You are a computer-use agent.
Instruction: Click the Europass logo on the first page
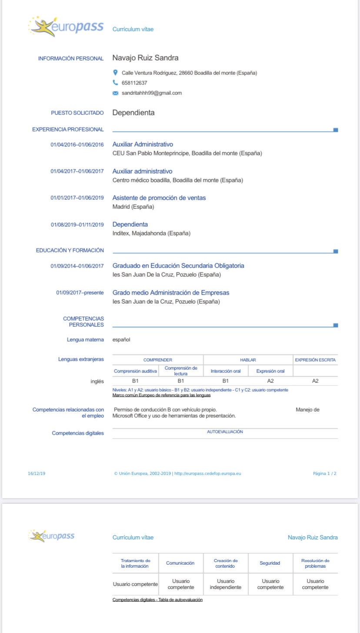(x=65, y=27)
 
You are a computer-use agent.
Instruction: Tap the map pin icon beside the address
(x=115, y=73)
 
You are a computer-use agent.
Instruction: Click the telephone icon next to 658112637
(x=115, y=83)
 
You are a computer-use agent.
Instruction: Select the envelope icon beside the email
(x=115, y=93)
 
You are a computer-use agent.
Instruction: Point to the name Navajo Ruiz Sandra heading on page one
(x=145, y=58)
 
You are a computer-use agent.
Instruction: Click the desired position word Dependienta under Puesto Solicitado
(x=133, y=113)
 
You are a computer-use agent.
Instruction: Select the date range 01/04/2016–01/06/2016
(x=77, y=145)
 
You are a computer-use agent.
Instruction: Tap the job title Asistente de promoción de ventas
(x=159, y=198)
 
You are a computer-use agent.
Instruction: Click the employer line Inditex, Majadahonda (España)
(x=151, y=234)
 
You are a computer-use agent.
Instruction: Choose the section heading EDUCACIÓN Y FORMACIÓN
(x=70, y=250)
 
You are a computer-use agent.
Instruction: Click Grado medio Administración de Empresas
(x=171, y=293)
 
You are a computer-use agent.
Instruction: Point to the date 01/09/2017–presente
(x=80, y=293)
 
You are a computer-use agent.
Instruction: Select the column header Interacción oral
(x=226, y=371)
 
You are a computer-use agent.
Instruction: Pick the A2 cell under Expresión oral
(x=270, y=381)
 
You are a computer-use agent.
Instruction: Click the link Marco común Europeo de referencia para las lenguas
(x=161, y=395)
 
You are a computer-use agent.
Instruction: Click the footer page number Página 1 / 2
(x=324, y=473)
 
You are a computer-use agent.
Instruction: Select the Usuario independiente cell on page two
(x=225, y=584)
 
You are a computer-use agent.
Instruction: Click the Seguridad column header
(x=270, y=563)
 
